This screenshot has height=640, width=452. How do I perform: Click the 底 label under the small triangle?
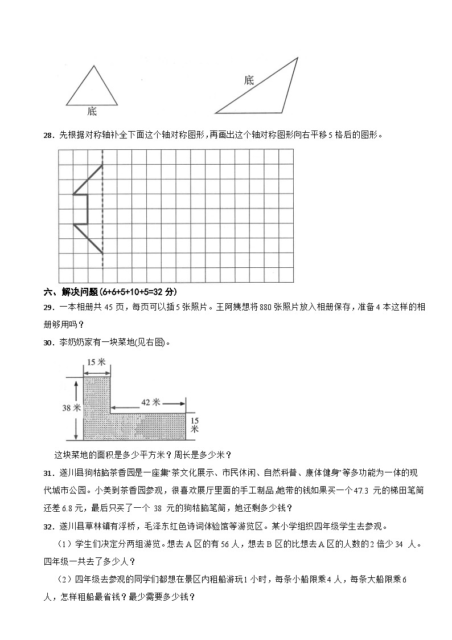pyautogui.click(x=92, y=112)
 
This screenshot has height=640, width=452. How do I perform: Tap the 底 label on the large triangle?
pyautogui.click(x=249, y=80)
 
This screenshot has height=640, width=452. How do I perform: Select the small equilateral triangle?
pyautogui.click(x=92, y=88)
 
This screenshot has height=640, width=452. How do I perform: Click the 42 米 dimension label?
pyautogui.click(x=149, y=402)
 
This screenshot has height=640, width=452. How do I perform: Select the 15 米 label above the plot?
pyautogui.click(x=97, y=362)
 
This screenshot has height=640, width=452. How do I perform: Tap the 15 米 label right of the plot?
pyautogui.click(x=195, y=425)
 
